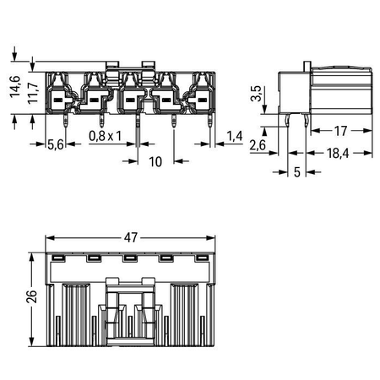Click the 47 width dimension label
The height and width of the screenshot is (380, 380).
[131, 238]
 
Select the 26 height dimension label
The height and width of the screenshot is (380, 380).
[31, 296]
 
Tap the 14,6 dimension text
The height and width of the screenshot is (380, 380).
[15, 87]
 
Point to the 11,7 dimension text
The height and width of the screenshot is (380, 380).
[33, 93]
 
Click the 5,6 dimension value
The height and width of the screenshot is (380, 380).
[56, 144]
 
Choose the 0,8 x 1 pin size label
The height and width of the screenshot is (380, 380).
[106, 136]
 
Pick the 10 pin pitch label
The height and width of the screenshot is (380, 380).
[155, 162]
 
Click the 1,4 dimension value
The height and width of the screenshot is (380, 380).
[235, 136]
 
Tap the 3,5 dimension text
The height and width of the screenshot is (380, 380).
[256, 94]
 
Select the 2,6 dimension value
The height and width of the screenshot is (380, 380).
[258, 145]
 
